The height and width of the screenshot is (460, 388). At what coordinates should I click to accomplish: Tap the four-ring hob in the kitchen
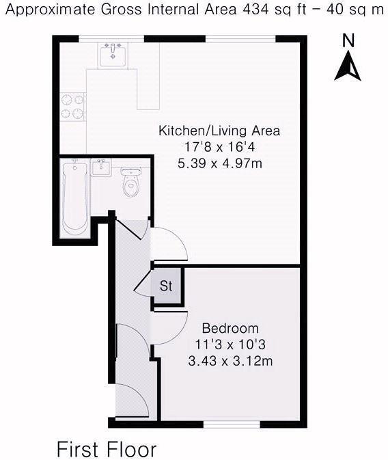click(x=74, y=107)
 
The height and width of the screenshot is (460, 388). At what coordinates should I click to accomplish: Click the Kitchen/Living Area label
click(x=219, y=131)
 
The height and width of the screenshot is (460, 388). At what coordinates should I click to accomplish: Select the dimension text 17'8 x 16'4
click(x=219, y=147)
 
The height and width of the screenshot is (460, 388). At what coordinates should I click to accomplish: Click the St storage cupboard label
click(x=166, y=286)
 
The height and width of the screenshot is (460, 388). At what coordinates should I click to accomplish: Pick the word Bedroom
click(x=230, y=327)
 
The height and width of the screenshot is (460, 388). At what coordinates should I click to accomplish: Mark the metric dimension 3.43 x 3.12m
click(x=230, y=361)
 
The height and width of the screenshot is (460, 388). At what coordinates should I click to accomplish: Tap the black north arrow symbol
click(x=348, y=67)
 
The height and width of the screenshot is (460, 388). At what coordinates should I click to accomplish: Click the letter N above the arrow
click(x=348, y=40)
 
